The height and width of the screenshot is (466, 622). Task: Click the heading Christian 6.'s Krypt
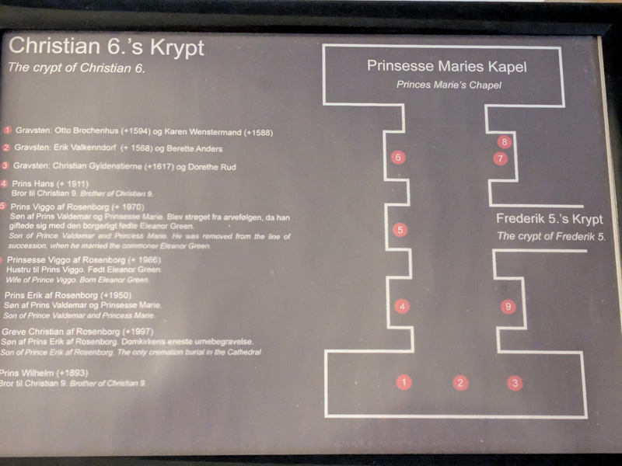[106, 47]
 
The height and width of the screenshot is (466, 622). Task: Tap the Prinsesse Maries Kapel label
[446, 67]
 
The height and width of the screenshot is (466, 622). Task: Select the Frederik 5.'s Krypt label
[550, 219]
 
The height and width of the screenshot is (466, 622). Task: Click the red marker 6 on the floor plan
[398, 158]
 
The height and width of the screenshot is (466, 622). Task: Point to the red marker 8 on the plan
[504, 142]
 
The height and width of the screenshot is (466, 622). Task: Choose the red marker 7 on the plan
[501, 158]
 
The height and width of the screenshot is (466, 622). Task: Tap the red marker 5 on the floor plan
[400, 230]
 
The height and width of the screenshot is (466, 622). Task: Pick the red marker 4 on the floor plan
[401, 307]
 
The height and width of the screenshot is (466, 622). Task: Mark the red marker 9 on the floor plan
[508, 307]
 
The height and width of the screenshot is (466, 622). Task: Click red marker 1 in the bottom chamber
[404, 381]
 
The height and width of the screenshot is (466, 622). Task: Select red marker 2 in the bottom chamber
[461, 381]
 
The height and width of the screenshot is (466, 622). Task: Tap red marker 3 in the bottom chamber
[514, 381]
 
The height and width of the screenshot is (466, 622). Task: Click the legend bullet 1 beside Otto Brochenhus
[7, 131]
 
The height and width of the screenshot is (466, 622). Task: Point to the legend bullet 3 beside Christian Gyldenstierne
[6, 165]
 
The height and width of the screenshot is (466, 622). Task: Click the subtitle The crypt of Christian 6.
[76, 68]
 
